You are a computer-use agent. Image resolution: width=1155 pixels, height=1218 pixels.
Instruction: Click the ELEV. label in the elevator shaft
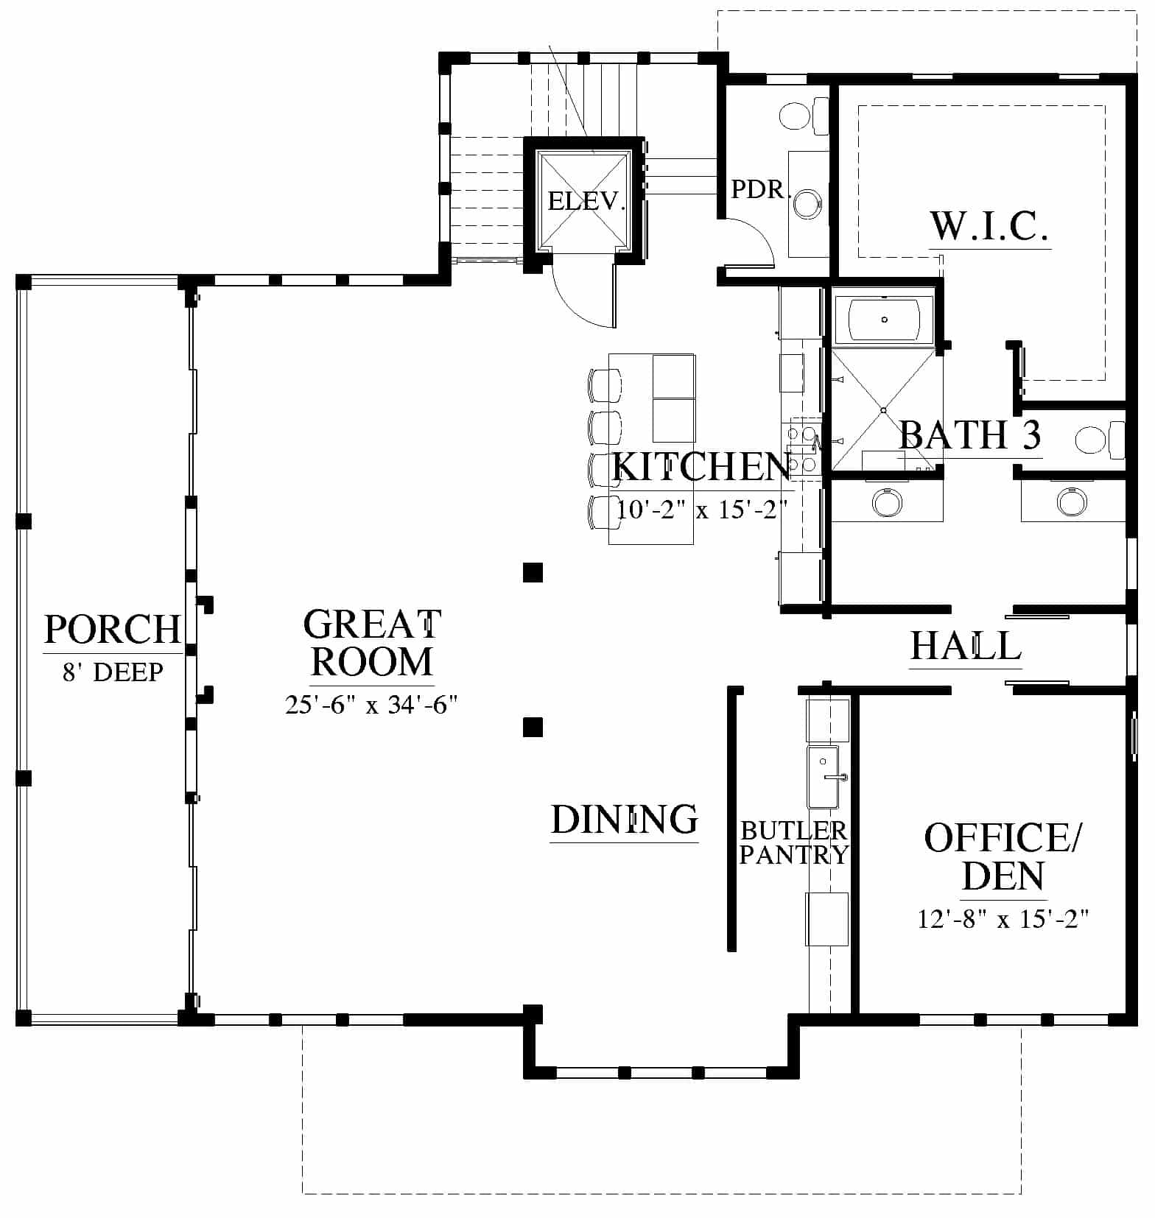tap(586, 200)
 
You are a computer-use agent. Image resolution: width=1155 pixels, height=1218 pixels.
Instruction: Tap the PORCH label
tap(112, 630)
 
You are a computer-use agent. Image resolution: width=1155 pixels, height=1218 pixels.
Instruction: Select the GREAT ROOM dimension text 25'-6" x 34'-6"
tap(371, 705)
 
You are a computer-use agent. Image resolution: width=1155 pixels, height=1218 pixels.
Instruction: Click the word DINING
tap(624, 819)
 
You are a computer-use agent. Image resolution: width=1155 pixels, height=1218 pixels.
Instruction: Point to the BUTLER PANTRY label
tap(794, 842)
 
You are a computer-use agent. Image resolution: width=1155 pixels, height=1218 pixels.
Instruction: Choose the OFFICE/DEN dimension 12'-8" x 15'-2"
tap(1003, 918)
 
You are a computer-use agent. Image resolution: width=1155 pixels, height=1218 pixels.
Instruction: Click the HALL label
tap(966, 646)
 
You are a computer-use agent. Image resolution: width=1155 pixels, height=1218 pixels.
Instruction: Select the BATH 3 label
tap(970, 434)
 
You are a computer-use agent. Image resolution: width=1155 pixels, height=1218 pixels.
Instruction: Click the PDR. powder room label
tap(760, 189)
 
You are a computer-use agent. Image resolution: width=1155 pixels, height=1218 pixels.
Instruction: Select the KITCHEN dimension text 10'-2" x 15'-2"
tap(702, 509)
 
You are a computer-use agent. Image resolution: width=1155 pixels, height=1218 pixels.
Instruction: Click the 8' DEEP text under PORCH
tap(112, 672)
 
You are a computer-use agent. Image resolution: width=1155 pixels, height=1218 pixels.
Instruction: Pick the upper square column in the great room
tap(533, 572)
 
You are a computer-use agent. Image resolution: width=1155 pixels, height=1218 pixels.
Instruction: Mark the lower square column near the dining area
tap(533, 728)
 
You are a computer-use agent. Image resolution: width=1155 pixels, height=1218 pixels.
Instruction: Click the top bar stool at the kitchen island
tap(604, 383)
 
